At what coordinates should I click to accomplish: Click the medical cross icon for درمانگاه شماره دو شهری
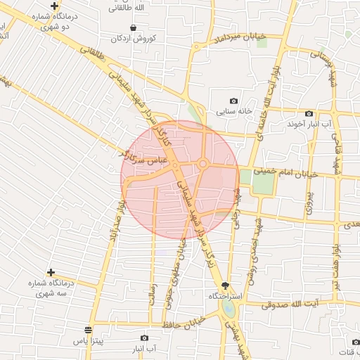point(54,6)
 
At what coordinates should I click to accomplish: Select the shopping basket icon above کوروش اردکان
point(134,27)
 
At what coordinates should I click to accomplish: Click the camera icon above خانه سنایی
point(234,101)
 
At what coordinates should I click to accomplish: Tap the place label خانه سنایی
point(235,111)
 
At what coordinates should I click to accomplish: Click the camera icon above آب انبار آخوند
point(309,114)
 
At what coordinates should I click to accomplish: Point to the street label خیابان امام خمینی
point(291,172)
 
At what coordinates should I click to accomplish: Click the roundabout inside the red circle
point(202,165)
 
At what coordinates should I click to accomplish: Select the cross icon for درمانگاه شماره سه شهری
point(51,272)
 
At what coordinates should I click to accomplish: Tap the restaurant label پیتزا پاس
point(86,340)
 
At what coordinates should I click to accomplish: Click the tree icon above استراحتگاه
point(225,285)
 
